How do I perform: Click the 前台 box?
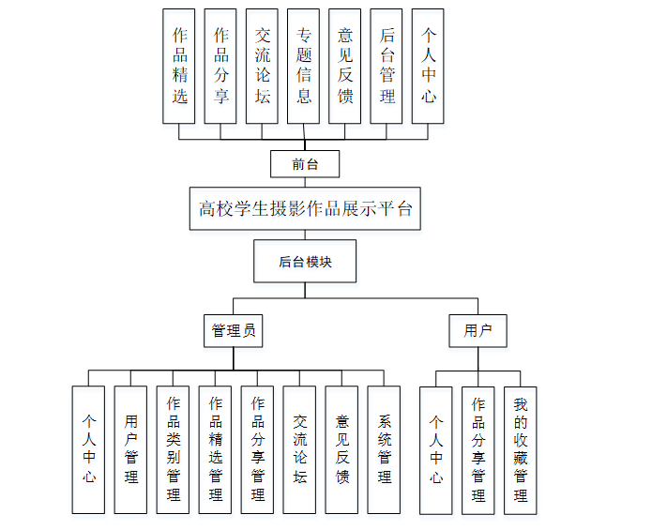(305, 164)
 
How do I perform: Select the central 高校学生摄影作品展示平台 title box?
(305, 208)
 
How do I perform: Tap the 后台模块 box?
(305, 262)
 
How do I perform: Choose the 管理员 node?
(234, 330)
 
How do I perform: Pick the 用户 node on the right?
(478, 330)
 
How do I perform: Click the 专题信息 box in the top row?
(304, 66)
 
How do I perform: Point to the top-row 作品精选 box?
(179, 66)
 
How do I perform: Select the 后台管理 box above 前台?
(387, 66)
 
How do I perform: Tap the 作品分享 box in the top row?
(220, 66)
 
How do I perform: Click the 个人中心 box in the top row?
(428, 66)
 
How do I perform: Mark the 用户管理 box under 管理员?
(130, 449)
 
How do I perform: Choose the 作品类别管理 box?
(174, 449)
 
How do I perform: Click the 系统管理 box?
(385, 449)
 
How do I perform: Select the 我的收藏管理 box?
(521, 449)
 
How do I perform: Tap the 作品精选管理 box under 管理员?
(216, 449)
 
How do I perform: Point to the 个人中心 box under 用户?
(436, 449)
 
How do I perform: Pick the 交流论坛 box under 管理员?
(300, 449)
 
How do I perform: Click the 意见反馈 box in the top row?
(345, 66)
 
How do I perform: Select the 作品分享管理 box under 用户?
(478, 449)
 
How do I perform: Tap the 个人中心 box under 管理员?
(88, 449)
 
